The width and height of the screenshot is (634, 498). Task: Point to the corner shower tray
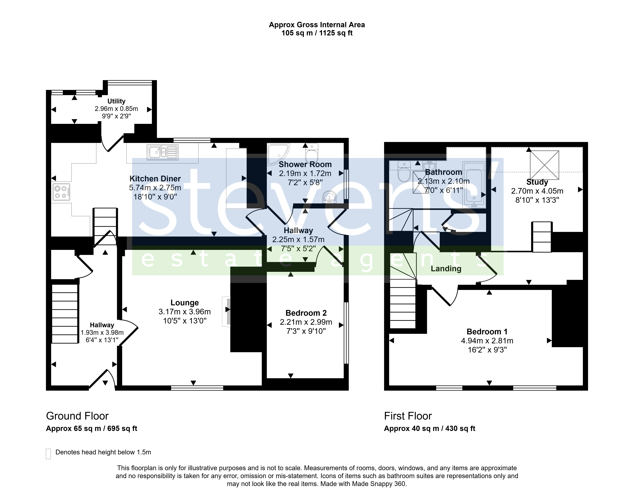278,154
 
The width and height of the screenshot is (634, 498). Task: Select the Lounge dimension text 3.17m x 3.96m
185,312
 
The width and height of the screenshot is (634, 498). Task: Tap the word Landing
446,269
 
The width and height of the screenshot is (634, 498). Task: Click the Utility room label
116,101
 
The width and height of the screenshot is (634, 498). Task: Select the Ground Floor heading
77,416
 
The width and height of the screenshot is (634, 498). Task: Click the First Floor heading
408,416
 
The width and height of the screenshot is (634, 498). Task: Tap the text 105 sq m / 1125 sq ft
317,33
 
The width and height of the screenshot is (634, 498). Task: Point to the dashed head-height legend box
48,454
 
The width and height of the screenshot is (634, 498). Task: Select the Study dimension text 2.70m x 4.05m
537,191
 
